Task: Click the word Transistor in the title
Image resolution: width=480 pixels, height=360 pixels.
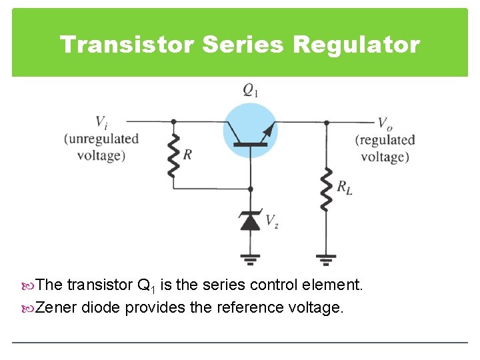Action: [x=126, y=45]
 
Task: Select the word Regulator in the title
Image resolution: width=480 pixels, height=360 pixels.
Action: [x=356, y=45]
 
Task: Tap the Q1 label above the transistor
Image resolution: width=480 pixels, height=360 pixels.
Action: [x=250, y=91]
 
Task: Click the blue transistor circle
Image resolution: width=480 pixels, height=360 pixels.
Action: [x=250, y=130]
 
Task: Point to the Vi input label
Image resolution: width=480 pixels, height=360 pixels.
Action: [x=101, y=122]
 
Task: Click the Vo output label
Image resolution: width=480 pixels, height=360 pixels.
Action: [x=385, y=123]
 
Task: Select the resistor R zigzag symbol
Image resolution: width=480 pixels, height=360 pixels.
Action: [x=173, y=155]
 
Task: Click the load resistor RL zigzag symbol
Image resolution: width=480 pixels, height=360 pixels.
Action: [x=327, y=189]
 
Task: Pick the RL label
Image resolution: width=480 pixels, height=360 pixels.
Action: [x=344, y=189]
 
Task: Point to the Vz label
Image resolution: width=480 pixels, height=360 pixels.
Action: [x=272, y=221]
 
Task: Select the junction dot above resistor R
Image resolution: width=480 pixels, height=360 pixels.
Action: [x=173, y=122]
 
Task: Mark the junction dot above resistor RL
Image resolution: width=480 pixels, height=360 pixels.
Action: [x=327, y=122]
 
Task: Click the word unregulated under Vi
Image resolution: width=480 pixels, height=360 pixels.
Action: [x=101, y=139]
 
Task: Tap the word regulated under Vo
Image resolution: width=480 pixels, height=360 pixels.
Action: [x=385, y=140]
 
